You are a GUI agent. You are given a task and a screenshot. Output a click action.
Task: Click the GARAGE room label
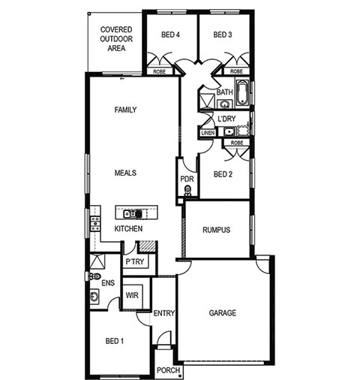coord(222,313)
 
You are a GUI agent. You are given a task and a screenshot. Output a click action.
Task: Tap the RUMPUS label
coord(216,230)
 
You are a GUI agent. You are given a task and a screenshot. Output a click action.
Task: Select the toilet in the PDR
coord(187,191)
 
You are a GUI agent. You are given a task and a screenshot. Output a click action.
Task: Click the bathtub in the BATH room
coord(242,92)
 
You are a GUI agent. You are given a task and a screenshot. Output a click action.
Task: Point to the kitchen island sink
coord(130,214)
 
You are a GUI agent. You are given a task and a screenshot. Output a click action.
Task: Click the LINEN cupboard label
coord(208,133)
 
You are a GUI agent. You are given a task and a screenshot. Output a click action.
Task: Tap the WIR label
coord(132,295)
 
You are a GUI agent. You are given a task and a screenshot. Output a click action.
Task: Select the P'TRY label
coord(135,262)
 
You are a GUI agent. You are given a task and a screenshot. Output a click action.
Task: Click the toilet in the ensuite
coord(94,276)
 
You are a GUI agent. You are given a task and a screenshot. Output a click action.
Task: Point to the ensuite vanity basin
coord(94,297)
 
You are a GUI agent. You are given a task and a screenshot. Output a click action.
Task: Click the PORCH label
coord(168,370)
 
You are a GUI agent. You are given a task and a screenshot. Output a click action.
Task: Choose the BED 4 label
coord(170,35)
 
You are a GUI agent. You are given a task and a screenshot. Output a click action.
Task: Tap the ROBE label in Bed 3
coord(236,71)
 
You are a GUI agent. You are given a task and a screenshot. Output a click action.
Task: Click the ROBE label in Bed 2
coord(237,143)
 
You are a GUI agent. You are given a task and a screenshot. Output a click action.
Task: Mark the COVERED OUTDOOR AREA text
coord(116,39)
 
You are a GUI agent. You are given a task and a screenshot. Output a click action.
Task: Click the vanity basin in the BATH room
coord(225,104)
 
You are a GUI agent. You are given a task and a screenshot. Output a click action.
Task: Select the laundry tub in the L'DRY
coord(229,131)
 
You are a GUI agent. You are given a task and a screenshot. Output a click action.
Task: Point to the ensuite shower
coord(97,261)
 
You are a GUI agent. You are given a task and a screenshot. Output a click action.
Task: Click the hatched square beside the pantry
coord(147,246)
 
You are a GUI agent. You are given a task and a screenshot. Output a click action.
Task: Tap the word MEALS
coord(125,173)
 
